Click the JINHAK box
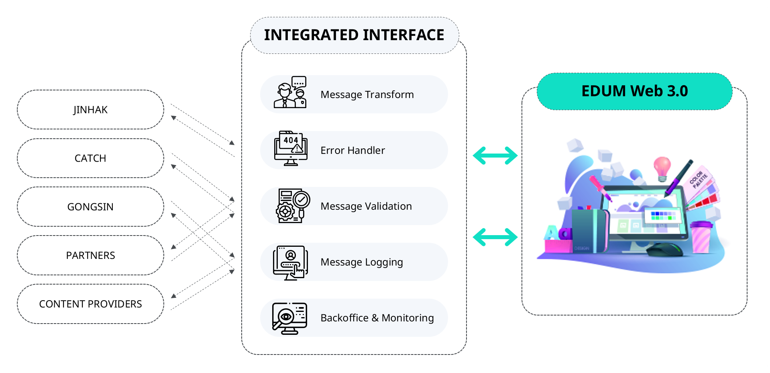(x=90, y=110)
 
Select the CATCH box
(x=90, y=158)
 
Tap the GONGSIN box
(x=90, y=207)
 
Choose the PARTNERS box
(x=90, y=255)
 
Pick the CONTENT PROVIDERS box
(x=90, y=304)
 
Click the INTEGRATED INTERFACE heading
(x=354, y=35)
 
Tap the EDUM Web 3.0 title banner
(x=634, y=91)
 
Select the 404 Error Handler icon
(x=291, y=148)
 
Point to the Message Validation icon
(x=293, y=205)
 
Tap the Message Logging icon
(x=290, y=262)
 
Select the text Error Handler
(x=352, y=150)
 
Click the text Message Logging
(x=361, y=262)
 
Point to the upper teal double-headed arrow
(x=495, y=156)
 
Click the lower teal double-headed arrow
(x=495, y=237)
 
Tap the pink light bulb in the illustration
(x=662, y=168)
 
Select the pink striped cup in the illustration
(x=701, y=237)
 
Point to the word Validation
(x=388, y=206)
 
